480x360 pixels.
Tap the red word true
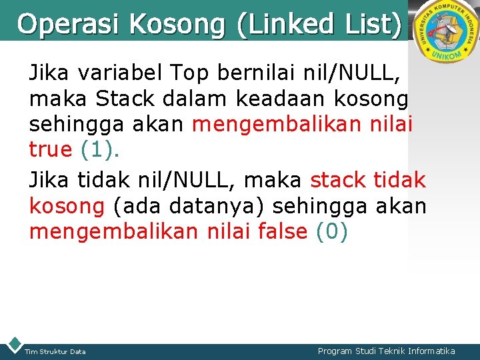coord(51,149)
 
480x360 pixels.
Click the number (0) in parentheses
coord(331,233)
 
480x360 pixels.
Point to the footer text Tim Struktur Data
coord(55,351)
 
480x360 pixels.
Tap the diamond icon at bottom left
coord(13,345)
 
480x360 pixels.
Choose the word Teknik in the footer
coord(387,351)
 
